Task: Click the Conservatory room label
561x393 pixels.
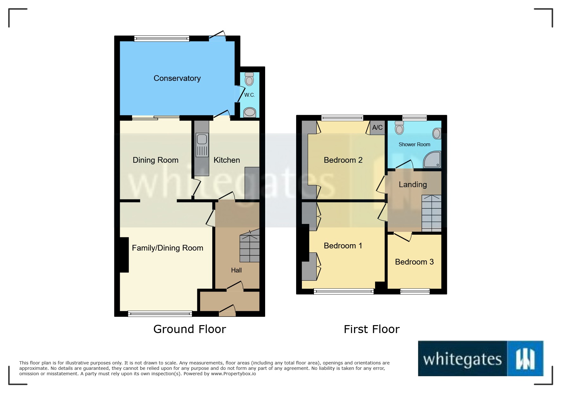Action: click(x=177, y=78)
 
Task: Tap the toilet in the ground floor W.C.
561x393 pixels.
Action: click(x=249, y=79)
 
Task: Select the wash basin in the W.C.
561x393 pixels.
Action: click(x=250, y=112)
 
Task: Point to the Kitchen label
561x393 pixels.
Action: click(x=226, y=160)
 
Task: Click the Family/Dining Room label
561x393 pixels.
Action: click(x=167, y=248)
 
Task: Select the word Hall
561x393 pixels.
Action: click(x=236, y=270)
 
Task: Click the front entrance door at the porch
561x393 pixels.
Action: click(x=227, y=311)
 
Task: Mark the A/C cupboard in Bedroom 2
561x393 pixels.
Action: click(x=377, y=128)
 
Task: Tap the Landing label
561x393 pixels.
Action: click(x=412, y=184)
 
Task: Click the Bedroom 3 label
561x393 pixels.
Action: click(x=414, y=262)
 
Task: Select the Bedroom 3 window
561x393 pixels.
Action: click(x=415, y=291)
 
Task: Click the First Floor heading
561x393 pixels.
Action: click(x=372, y=329)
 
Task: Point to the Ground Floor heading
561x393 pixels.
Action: click(x=189, y=329)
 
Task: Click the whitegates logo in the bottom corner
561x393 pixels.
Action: click(x=481, y=359)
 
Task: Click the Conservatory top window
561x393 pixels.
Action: click(x=162, y=39)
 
